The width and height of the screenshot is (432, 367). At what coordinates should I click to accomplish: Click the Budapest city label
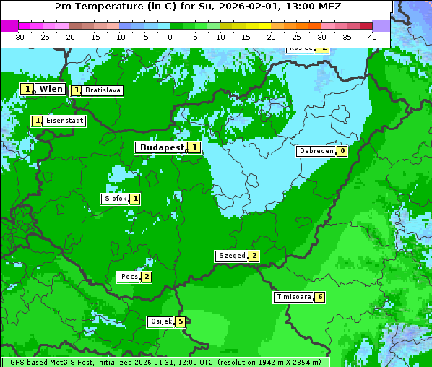[162, 147]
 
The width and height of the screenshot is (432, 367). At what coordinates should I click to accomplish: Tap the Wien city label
[51, 89]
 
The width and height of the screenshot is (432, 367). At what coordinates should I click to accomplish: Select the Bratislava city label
[102, 91]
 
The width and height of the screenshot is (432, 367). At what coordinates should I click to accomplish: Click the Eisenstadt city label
[64, 121]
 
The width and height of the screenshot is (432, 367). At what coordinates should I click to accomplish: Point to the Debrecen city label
[316, 152]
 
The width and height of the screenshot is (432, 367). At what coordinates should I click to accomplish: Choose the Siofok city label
[115, 199]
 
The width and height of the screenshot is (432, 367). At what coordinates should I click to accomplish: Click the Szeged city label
[231, 256]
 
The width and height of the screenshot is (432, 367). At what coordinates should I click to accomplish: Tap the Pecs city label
[129, 277]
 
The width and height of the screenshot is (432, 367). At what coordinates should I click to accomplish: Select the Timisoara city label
[294, 297]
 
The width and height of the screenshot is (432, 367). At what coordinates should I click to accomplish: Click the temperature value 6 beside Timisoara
[320, 297]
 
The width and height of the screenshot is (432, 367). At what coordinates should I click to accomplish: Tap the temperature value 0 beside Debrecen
[342, 152]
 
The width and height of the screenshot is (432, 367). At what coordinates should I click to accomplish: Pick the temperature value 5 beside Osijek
[181, 321]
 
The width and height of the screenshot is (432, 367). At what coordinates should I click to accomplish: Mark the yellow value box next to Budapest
[194, 147]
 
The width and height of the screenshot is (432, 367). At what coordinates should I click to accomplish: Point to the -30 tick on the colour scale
[19, 36]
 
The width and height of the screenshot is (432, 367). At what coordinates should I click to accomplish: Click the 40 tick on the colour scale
[372, 36]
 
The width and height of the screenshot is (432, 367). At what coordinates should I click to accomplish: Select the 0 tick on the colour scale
[170, 36]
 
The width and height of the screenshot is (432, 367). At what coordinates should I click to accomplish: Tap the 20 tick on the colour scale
[271, 36]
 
